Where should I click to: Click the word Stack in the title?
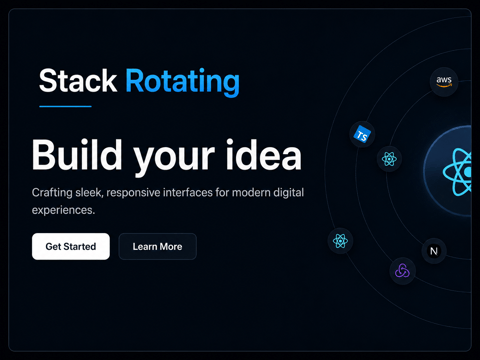[78, 81]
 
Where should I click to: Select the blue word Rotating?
[183, 82]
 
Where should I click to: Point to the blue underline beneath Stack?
[65, 106]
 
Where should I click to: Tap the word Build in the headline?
[77, 155]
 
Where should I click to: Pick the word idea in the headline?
[264, 155]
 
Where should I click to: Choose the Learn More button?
[158, 246]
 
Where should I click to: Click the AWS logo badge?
[444, 81]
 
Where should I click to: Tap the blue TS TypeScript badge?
[362, 135]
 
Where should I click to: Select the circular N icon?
[434, 251]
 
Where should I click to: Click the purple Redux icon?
[402, 271]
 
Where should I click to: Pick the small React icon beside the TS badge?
[389, 159]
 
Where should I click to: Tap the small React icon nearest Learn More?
[340, 241]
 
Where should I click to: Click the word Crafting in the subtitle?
[52, 193]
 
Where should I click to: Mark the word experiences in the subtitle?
[63, 210]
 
